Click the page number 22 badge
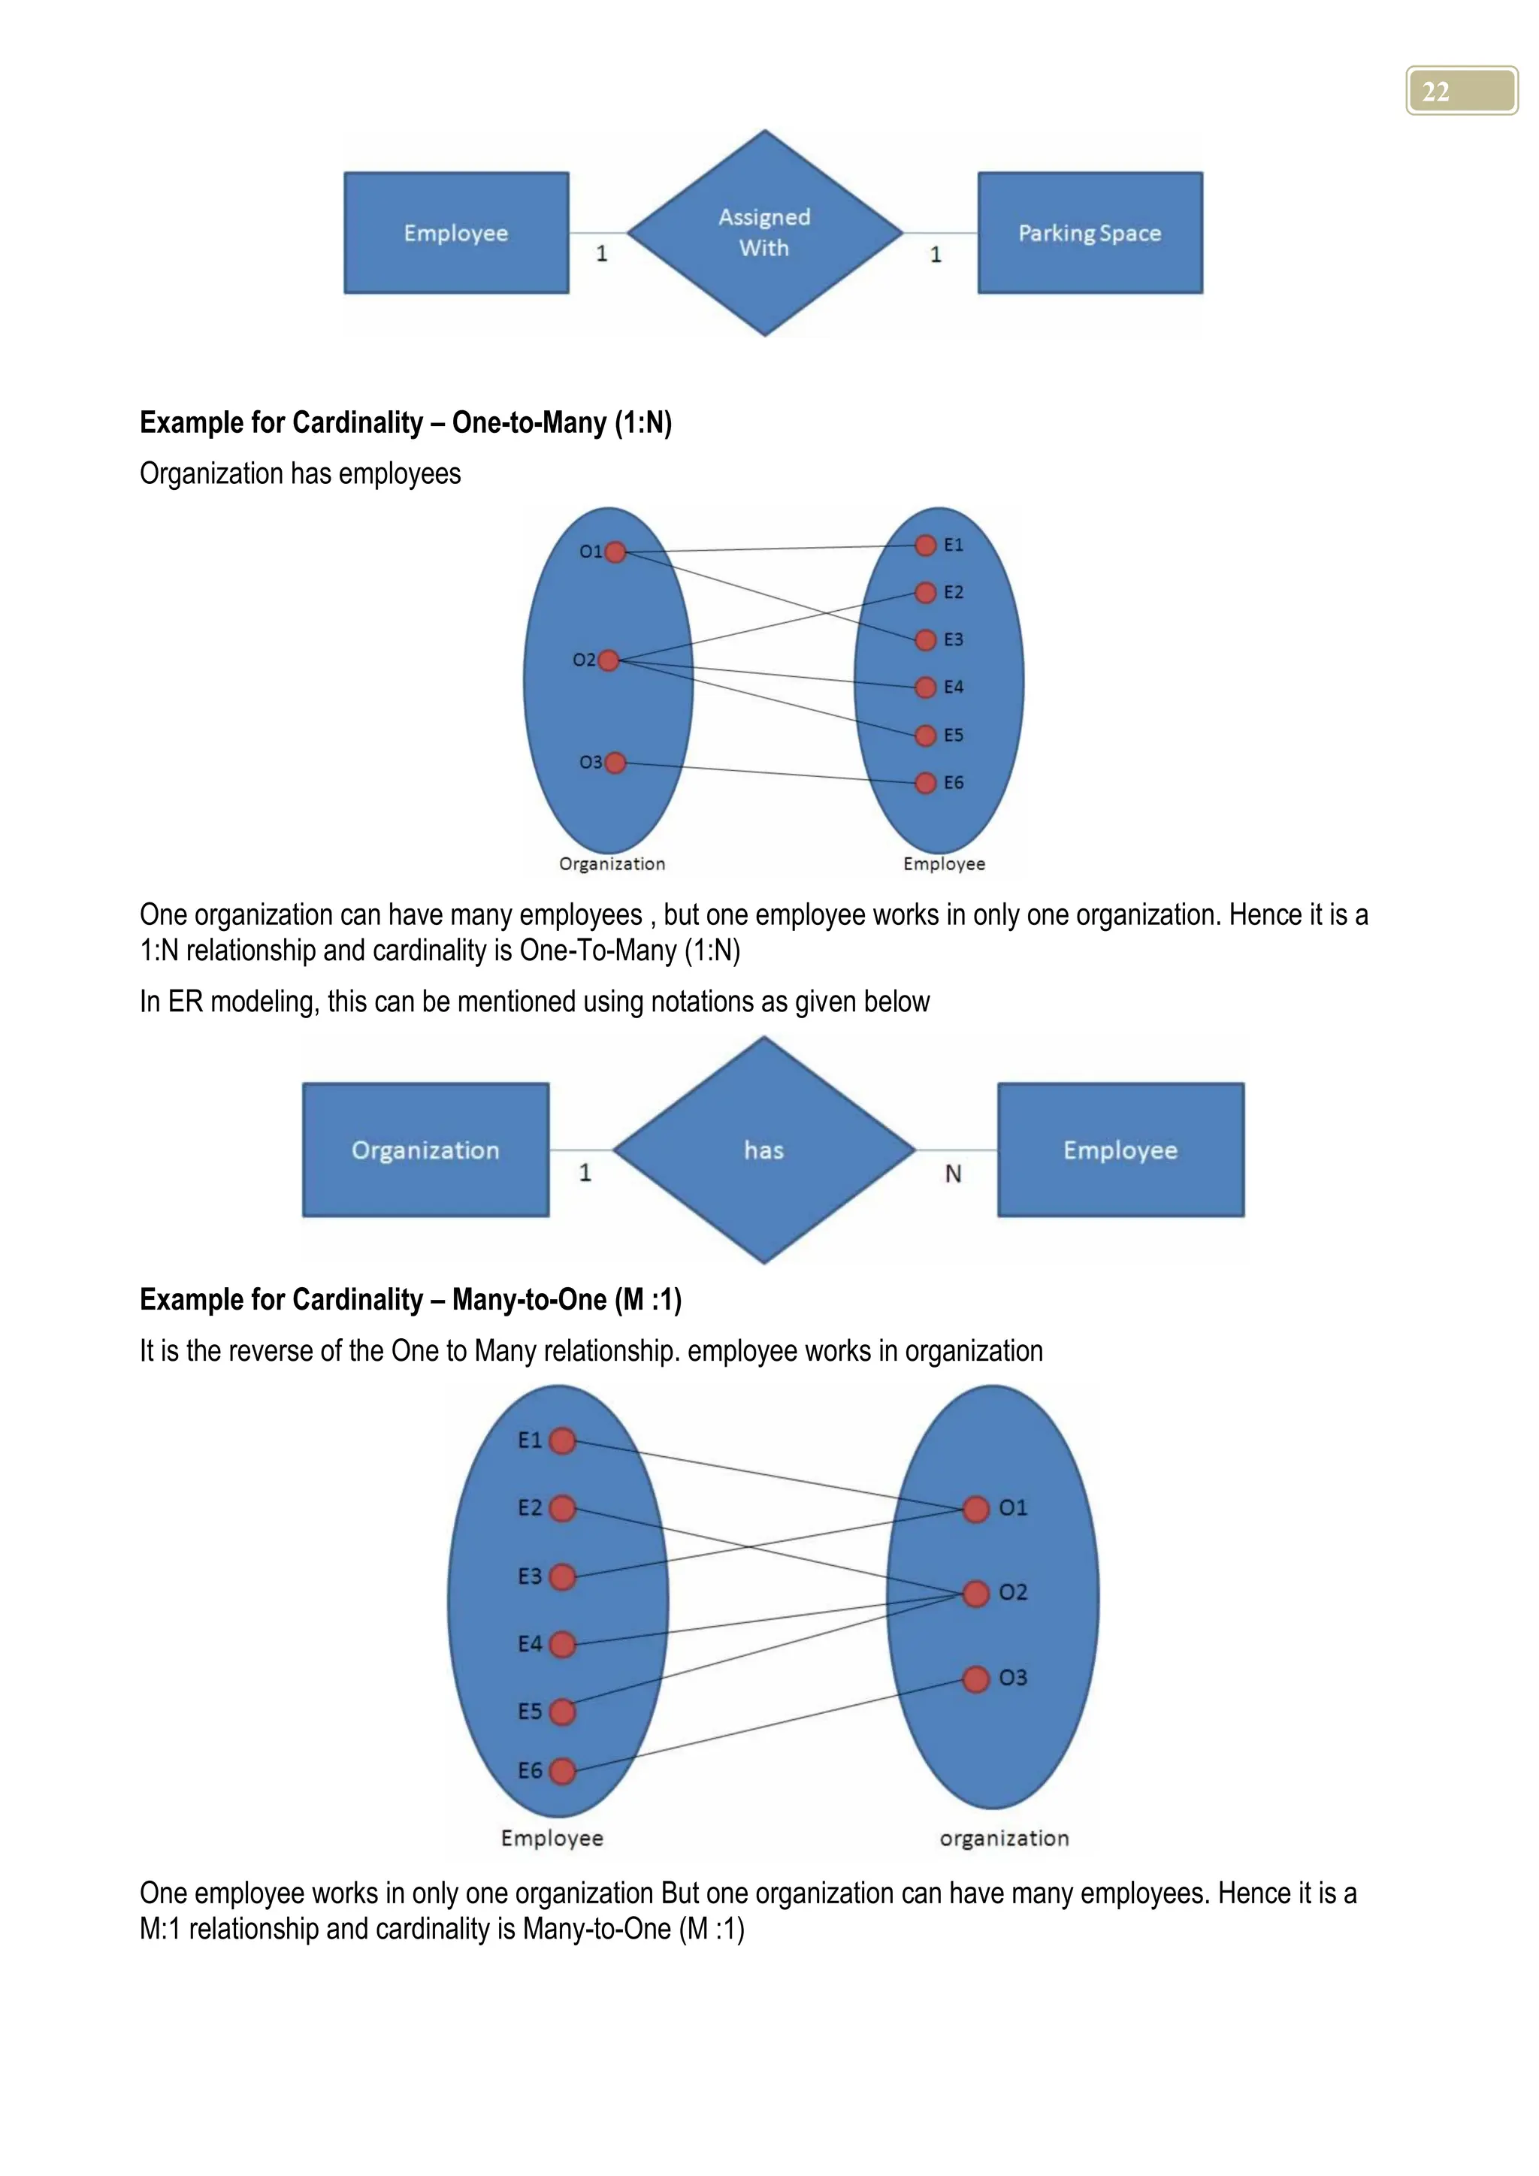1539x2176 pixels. (x=1460, y=91)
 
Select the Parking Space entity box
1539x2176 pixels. (x=1090, y=233)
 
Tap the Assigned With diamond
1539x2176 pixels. (x=765, y=233)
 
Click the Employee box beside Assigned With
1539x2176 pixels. (x=456, y=233)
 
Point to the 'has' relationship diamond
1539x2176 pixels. (x=763, y=1150)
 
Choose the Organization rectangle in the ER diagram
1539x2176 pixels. (x=425, y=1150)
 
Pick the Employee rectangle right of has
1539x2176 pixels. (x=1120, y=1150)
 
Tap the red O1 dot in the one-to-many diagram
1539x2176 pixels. (x=615, y=552)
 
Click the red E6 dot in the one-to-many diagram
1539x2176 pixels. (x=926, y=783)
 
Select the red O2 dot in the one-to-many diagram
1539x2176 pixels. (x=609, y=660)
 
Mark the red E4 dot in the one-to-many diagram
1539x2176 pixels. (x=926, y=687)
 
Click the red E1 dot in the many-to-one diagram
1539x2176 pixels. (x=562, y=1441)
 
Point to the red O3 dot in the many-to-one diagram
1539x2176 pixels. (x=975, y=1679)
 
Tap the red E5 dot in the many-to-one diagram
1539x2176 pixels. (x=562, y=1712)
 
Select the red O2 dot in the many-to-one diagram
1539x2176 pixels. (x=975, y=1593)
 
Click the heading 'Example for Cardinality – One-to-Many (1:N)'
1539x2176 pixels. (x=406, y=423)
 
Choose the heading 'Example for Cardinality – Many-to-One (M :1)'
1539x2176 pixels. (x=410, y=1299)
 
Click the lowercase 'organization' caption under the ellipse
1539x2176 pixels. (x=1003, y=1839)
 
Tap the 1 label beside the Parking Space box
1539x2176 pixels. (x=936, y=254)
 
